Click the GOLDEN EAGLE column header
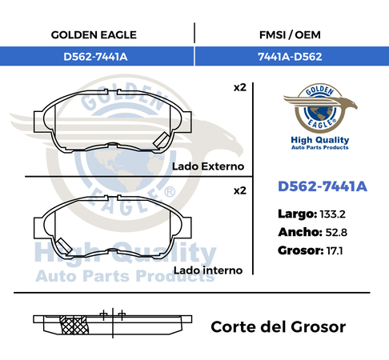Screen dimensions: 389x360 [94, 35]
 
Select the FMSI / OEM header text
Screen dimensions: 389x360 [290, 35]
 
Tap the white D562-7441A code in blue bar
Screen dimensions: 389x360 [95, 57]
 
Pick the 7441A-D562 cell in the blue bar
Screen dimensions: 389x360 [290, 57]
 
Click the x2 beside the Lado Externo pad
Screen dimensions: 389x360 [239, 87]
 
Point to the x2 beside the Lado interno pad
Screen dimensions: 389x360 [239, 190]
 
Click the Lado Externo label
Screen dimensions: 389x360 [208, 166]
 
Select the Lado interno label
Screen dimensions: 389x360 [208, 270]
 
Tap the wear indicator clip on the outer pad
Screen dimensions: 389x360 [160, 140]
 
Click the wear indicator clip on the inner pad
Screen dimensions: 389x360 [63, 246]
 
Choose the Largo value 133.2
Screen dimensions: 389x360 [332, 214]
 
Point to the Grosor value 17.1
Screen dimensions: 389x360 [335, 250]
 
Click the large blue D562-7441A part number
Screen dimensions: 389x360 [323, 186]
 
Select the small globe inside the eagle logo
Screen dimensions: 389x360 [320, 112]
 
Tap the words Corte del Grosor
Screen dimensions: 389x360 [279, 326]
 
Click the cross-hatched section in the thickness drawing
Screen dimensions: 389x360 [74, 325]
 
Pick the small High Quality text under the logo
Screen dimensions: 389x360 [320, 140]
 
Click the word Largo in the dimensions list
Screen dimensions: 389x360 [297, 214]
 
